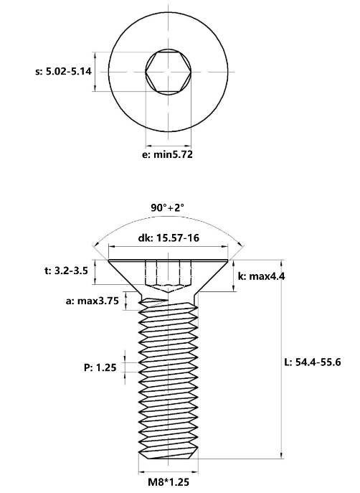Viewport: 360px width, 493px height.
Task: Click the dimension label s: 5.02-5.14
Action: [x=63, y=71]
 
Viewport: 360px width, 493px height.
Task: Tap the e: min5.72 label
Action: [x=167, y=154]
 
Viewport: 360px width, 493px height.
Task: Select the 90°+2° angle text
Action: [x=167, y=207]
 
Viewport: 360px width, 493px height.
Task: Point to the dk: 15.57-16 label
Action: [x=169, y=238]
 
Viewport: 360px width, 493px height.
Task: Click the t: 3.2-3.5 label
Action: [x=66, y=271]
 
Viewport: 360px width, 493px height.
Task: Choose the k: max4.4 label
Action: [x=261, y=276]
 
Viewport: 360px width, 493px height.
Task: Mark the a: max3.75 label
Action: [x=93, y=301]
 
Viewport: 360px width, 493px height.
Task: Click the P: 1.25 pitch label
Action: [x=100, y=367]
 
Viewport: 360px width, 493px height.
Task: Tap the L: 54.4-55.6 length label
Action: [x=313, y=362]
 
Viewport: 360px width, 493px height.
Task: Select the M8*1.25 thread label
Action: [x=169, y=482]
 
